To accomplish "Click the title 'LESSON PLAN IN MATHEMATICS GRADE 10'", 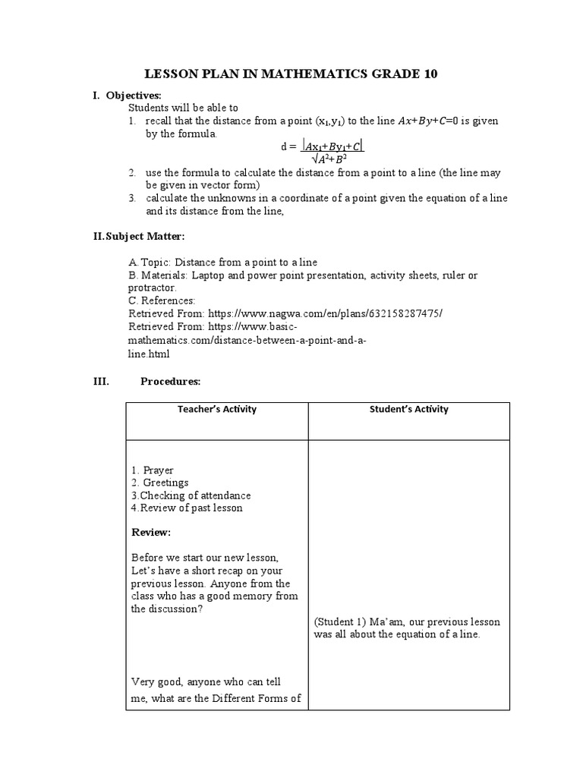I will pos(291,74).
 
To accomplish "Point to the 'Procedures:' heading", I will pos(170,381).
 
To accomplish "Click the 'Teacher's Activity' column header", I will pos(217,409).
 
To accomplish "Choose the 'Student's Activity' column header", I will pos(408,409).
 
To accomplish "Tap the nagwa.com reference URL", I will pos(325,313).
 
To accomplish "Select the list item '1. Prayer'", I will pos(153,470).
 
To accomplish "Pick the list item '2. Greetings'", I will pos(160,483).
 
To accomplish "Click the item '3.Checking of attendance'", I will pos(191,495).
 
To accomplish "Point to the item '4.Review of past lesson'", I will pos(187,508).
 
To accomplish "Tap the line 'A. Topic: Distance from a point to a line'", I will pos(233,263).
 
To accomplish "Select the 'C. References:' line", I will pos(162,300).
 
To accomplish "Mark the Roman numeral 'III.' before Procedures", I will pos(102,381).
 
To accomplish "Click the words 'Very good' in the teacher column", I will pos(155,682).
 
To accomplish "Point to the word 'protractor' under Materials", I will pos(152,288).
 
